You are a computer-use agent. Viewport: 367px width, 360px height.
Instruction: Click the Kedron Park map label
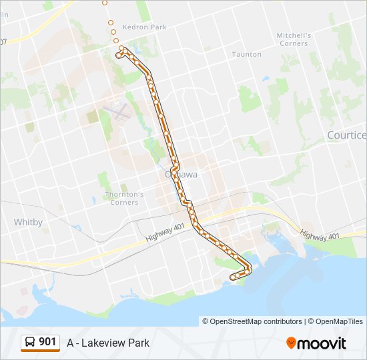(x=149, y=27)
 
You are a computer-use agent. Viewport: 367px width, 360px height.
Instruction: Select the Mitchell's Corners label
(x=294, y=39)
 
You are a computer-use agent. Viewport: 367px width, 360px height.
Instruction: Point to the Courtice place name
(x=347, y=135)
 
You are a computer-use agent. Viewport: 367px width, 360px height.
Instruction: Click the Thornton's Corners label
(x=124, y=198)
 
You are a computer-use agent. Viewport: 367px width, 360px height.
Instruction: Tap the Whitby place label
(x=28, y=221)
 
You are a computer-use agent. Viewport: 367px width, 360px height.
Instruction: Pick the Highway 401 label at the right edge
(x=320, y=235)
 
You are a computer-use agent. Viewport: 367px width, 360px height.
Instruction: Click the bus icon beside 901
(x=30, y=342)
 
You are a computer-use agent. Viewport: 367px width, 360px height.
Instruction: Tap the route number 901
(x=47, y=342)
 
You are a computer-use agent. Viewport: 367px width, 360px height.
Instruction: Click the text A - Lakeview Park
(x=108, y=343)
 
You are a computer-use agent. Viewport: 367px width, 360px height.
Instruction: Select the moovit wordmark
(x=322, y=343)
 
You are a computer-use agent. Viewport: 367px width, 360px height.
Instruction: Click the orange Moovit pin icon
(x=292, y=343)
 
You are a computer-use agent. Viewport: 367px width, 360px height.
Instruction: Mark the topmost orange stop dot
(x=104, y=3)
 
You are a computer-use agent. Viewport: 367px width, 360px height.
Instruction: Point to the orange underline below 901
(x=40, y=351)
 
